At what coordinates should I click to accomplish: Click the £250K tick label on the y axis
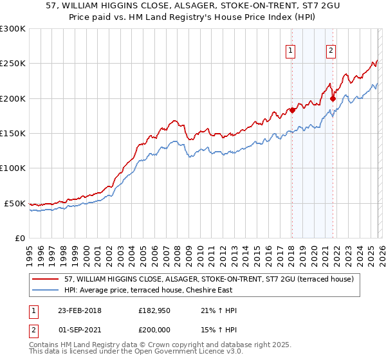13,64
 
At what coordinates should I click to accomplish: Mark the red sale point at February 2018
292,110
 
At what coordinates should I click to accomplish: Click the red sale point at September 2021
333,98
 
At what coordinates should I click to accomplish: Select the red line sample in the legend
46,279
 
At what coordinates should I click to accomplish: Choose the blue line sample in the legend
46,290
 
